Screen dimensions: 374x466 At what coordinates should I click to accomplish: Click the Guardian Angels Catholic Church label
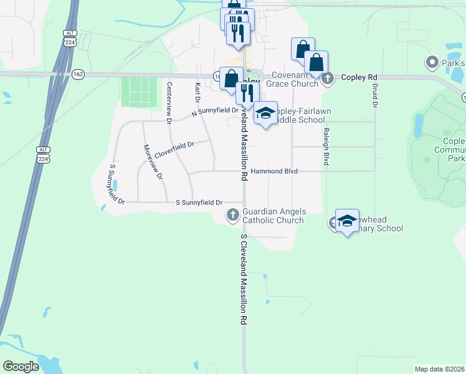point(273,216)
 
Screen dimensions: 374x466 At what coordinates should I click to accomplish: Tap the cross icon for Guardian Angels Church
point(233,215)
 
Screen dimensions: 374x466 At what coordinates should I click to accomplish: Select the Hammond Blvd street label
point(274,171)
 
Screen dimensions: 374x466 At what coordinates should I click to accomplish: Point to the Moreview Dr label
point(153,162)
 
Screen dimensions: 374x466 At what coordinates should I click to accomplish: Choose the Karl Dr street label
point(197,92)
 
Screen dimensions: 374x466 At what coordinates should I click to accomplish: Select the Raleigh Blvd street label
point(326,146)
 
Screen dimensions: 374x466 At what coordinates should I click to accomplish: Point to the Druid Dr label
point(375,93)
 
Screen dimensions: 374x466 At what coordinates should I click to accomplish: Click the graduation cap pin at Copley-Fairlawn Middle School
point(266,113)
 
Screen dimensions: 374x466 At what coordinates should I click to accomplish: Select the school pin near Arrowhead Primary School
point(347,221)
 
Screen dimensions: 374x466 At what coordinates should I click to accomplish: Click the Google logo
point(21,367)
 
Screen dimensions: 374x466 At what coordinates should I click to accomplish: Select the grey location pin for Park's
point(431,62)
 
